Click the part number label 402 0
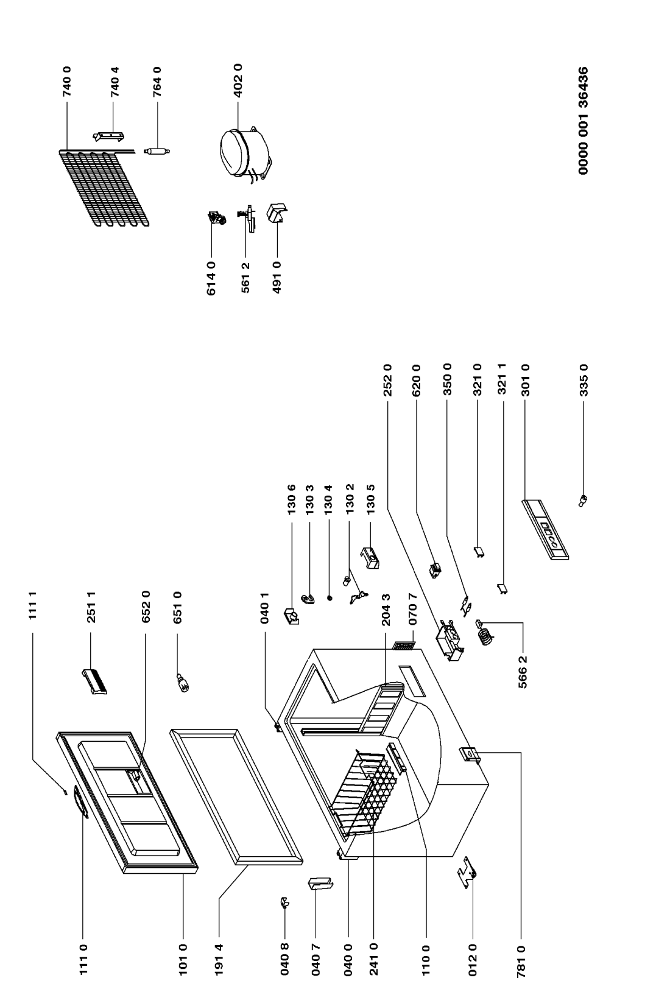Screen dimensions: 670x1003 [x=238, y=80]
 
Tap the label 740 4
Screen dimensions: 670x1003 [x=115, y=82]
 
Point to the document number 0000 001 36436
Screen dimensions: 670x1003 [x=583, y=121]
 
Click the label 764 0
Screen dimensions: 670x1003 [x=157, y=82]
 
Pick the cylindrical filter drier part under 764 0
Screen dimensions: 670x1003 [x=157, y=151]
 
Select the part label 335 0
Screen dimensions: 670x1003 [x=583, y=380]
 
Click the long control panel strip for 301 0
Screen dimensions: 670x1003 [x=546, y=530]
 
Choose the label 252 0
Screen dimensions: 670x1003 [x=387, y=380]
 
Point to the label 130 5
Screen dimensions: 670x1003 [x=370, y=499]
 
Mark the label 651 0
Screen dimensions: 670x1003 [x=177, y=607]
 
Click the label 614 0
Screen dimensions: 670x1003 [x=211, y=278]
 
